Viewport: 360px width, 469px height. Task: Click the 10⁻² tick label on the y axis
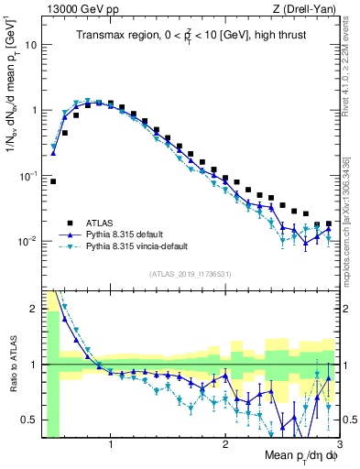pyautogui.click(x=31, y=242)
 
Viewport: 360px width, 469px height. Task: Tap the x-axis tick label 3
pyautogui.click(x=339, y=445)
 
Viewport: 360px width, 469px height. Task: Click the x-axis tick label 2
pyautogui.click(x=225, y=445)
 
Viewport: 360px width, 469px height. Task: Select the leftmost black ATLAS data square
pyautogui.click(x=53, y=181)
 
